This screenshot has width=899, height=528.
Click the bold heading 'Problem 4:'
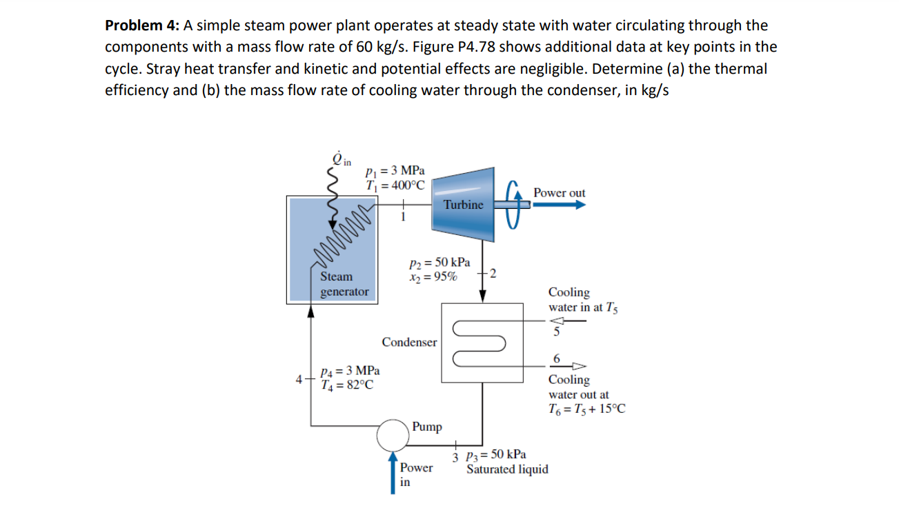coord(142,26)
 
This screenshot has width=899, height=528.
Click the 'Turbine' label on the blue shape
coord(463,205)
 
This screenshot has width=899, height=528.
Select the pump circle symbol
coord(393,434)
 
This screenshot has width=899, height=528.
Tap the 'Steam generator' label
coord(344,284)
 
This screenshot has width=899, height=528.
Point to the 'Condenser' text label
coord(409,343)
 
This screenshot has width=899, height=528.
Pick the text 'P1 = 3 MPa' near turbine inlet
coord(396,170)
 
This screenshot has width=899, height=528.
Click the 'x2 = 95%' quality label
coord(432,277)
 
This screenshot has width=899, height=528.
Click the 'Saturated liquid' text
coord(507,469)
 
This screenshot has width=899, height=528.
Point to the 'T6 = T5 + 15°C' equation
coord(586,409)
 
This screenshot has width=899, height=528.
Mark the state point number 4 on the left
coord(298,378)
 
